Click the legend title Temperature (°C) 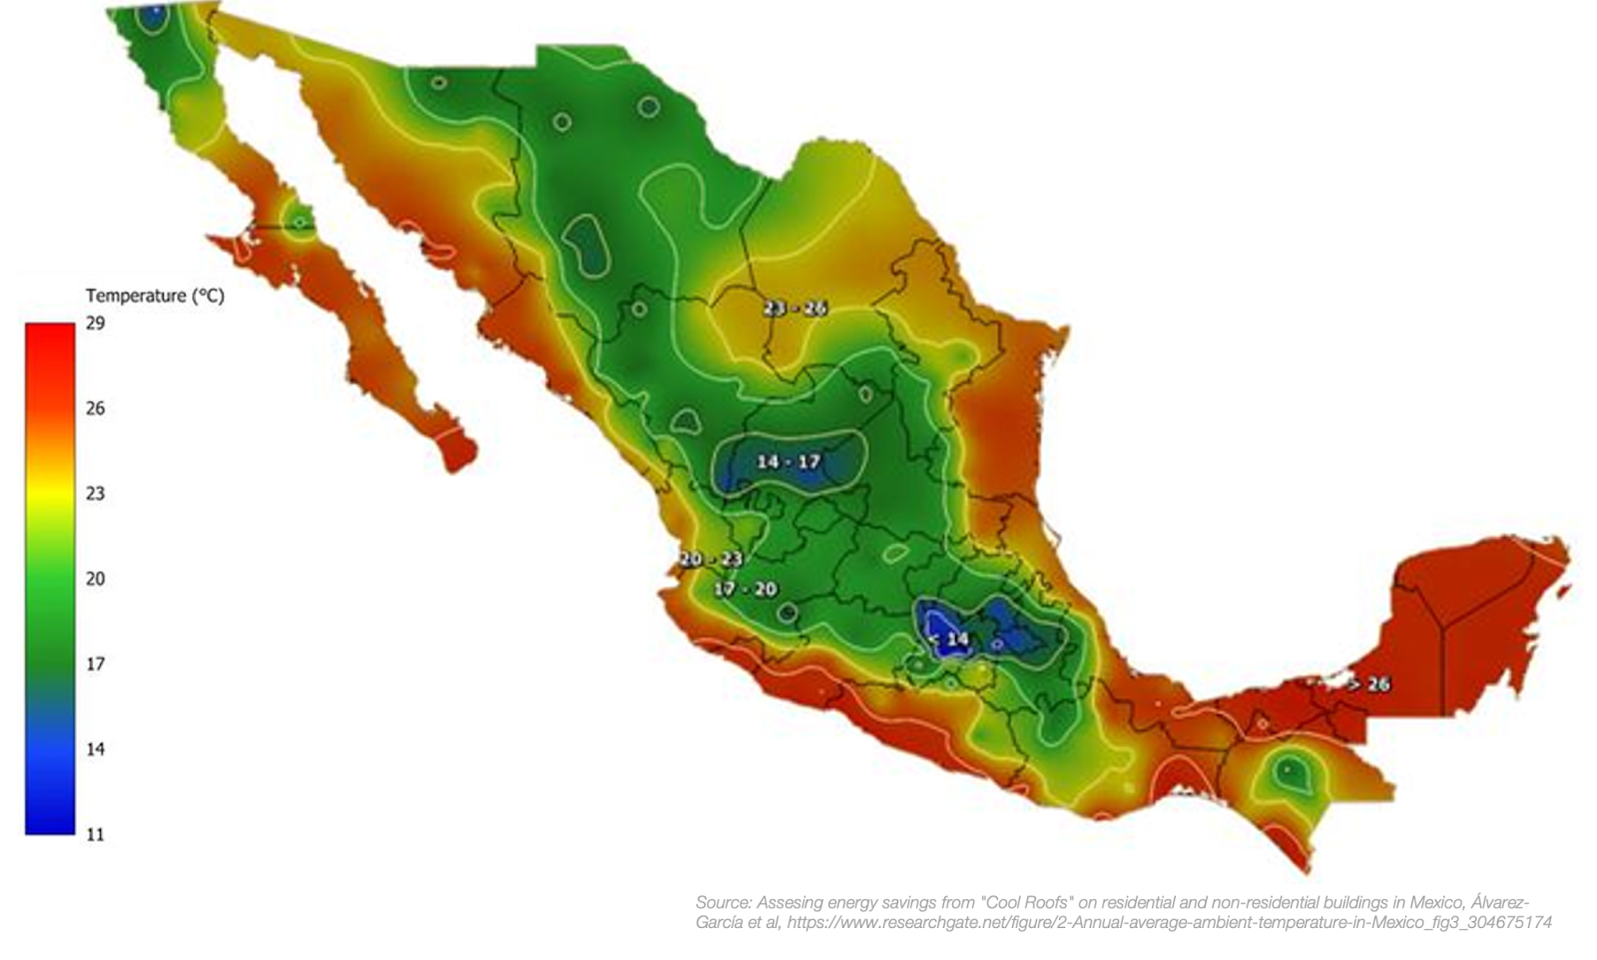[155, 295]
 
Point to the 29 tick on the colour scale [95, 323]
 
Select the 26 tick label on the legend [95, 408]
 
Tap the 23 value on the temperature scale [95, 493]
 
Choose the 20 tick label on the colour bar [95, 579]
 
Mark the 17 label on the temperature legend [95, 664]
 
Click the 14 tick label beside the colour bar [95, 749]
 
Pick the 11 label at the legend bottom [95, 834]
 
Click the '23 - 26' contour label [795, 308]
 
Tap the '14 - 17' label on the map [788, 461]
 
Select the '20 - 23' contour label [711, 559]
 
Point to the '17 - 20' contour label [745, 589]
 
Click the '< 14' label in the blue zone [948, 639]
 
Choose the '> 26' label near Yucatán [1368, 685]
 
